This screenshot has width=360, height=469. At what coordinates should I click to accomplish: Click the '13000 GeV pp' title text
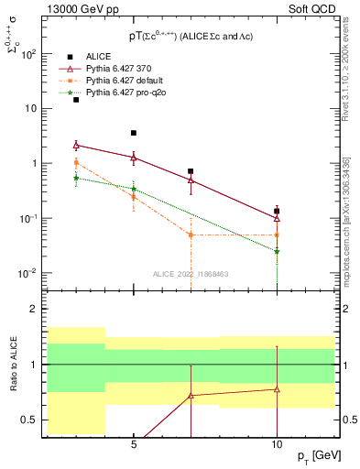pos(81,10)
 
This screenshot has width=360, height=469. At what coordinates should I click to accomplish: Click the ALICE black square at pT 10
pos(277,212)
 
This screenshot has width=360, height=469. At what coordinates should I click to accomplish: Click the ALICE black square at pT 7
pos(191,171)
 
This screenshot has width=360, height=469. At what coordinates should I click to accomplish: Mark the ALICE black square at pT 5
pos(134,133)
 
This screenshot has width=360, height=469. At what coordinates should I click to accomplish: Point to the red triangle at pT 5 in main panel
pos(134,158)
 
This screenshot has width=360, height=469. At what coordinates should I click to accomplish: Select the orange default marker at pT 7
pos(191,234)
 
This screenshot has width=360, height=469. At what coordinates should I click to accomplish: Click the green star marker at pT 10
pos(277,251)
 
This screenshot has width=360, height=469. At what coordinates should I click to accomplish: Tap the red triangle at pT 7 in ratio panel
pos(191,396)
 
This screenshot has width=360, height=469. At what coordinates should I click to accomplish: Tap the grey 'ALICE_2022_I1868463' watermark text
pos(191,274)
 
